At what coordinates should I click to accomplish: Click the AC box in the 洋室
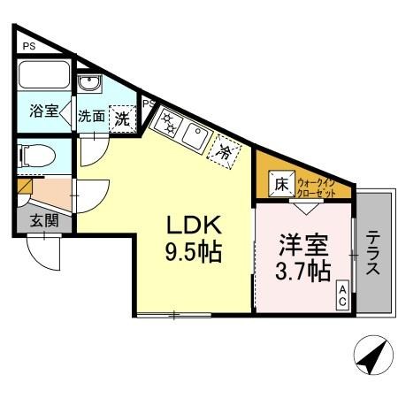coord(341,295)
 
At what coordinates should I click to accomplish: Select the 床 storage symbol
coord(280,185)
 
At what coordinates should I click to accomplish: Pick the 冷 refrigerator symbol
coord(225,153)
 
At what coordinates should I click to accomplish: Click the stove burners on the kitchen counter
coord(166,122)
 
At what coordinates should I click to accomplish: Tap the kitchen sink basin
coord(195,136)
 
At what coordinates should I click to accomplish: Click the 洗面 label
coord(91,116)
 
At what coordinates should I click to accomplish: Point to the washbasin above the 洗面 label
coord(89,85)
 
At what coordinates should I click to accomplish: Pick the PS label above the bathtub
coord(30,46)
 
